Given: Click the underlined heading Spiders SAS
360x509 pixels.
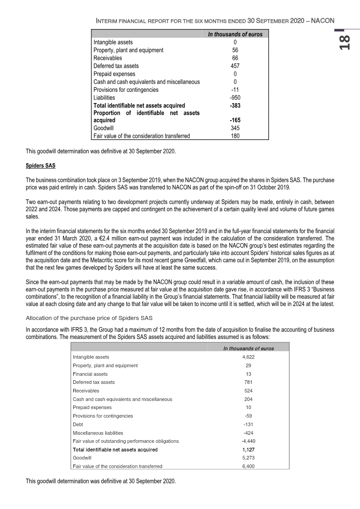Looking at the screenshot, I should tap(40, 166).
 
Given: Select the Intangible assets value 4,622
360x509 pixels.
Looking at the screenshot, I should tap(247, 357).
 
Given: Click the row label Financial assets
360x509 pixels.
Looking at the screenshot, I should tap(90, 374).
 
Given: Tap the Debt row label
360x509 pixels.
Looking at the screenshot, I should tap(78, 424).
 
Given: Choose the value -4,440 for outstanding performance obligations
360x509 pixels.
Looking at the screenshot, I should tap(247, 441).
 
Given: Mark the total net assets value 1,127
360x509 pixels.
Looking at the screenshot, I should tap(247, 449).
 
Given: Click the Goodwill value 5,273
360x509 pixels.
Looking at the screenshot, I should tap(247, 458).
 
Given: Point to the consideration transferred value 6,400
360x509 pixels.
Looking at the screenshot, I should tap(247, 466).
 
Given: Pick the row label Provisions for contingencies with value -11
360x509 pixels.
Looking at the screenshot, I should tap(126, 90).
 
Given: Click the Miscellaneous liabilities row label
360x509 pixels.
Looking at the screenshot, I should tap(98, 432).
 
